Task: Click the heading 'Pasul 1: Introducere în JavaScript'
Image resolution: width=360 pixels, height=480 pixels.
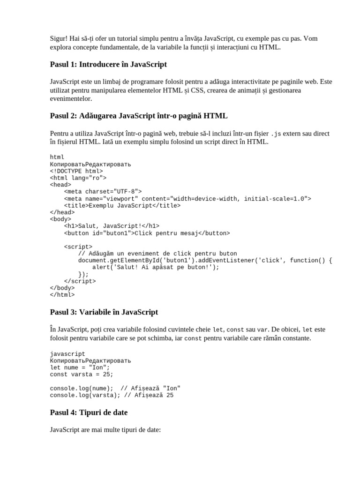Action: (x=108, y=64)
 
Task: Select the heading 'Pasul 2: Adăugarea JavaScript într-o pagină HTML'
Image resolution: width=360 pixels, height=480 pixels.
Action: (x=139, y=116)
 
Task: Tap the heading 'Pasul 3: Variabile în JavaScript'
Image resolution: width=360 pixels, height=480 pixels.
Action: (x=104, y=312)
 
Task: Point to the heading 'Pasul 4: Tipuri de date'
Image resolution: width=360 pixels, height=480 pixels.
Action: (x=89, y=412)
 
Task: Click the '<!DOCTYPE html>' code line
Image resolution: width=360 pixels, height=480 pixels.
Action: (x=76, y=171)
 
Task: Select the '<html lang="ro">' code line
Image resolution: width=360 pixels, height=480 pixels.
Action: (x=78, y=178)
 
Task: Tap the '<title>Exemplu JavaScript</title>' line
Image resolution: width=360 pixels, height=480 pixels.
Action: (x=122, y=205)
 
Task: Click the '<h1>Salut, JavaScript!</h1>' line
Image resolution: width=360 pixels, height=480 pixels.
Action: (x=112, y=226)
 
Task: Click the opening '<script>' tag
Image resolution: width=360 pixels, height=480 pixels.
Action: (x=78, y=247)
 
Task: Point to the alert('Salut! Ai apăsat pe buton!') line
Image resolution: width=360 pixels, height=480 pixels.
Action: (x=156, y=267)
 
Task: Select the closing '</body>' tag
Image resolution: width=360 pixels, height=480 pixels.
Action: (x=62, y=288)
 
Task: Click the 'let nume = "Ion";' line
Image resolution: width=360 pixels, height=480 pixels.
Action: (x=80, y=367)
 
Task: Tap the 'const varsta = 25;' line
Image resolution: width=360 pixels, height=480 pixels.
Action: (x=82, y=375)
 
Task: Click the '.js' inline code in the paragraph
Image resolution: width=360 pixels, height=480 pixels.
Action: (x=277, y=134)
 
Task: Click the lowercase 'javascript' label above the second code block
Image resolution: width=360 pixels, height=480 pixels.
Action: (x=67, y=354)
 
